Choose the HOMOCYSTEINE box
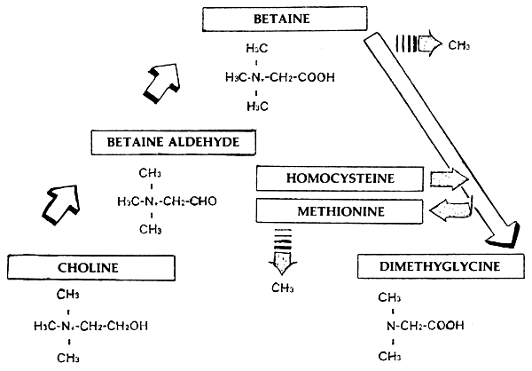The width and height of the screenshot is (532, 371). tap(337, 178)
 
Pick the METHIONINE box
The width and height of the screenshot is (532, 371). tap(337, 210)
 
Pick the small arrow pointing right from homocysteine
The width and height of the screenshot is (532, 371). tap(447, 180)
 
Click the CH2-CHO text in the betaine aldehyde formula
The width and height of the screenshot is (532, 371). tap(193, 201)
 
